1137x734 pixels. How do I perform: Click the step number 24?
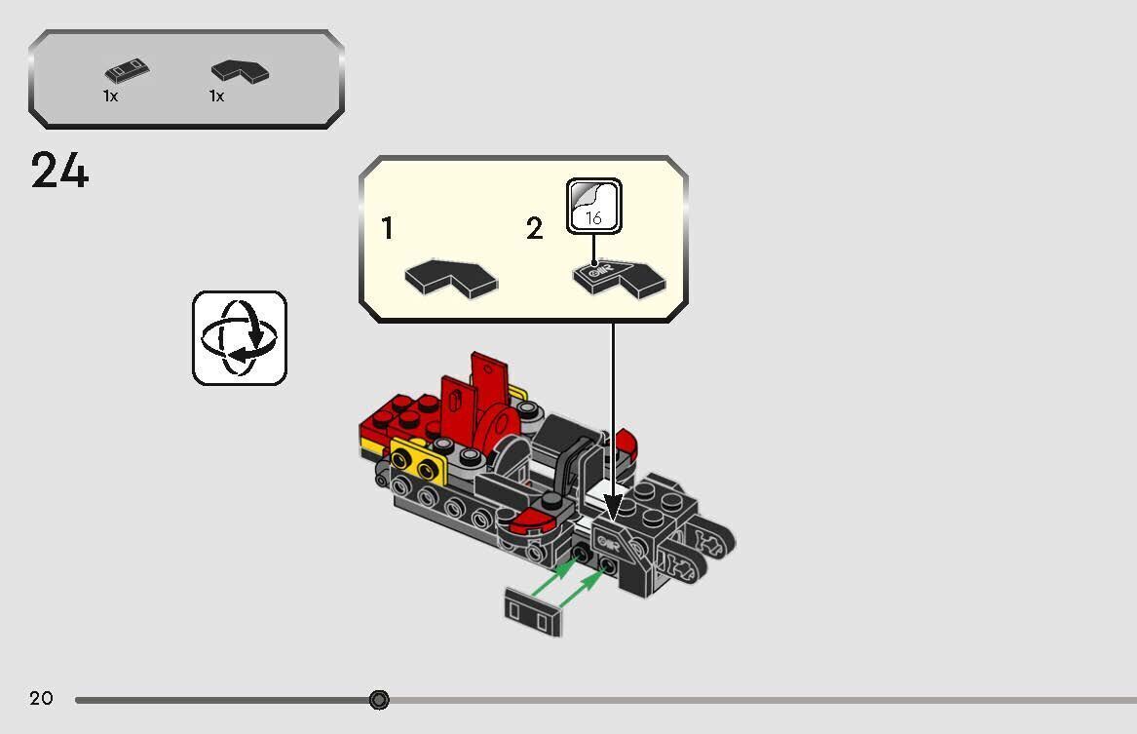click(59, 172)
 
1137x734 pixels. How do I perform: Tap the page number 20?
click(41, 698)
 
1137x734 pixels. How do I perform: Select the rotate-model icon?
click(240, 337)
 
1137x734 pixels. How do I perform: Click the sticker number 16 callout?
click(593, 207)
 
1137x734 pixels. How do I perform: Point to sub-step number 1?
click(388, 229)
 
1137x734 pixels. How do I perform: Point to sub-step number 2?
click(534, 229)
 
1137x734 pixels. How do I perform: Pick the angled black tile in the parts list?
click(241, 70)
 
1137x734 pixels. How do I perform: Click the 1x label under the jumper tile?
click(110, 97)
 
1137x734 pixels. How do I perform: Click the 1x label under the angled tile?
click(216, 97)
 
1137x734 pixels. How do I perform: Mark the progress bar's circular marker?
click(379, 699)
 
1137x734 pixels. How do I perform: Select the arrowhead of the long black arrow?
click(613, 506)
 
